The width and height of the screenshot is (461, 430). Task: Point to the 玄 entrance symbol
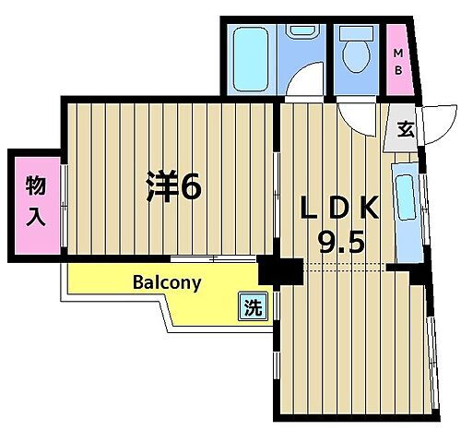click(x=405, y=129)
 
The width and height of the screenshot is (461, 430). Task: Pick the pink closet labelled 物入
click(x=34, y=202)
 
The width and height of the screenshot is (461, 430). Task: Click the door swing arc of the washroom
click(x=306, y=85)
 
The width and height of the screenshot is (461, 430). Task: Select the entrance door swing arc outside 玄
click(x=441, y=123)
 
